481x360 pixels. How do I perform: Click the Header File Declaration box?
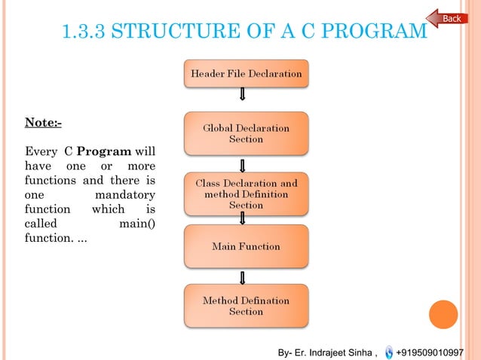click(x=246, y=74)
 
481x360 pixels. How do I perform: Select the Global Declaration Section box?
click(x=246, y=133)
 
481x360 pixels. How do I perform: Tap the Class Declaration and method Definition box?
click(x=246, y=194)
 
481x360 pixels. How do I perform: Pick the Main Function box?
click(x=246, y=246)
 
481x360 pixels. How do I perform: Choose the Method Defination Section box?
click(x=246, y=306)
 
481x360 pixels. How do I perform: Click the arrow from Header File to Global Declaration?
click(x=242, y=94)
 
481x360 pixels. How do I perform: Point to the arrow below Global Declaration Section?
click(x=242, y=165)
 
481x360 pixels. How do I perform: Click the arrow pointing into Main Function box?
click(x=242, y=218)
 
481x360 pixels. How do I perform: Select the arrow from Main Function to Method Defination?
click(x=242, y=277)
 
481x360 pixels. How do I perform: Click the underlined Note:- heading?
click(x=44, y=122)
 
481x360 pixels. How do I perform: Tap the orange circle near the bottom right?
click(x=443, y=314)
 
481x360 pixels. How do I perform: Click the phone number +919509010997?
click(x=430, y=352)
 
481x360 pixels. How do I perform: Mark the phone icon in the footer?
click(x=388, y=352)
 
